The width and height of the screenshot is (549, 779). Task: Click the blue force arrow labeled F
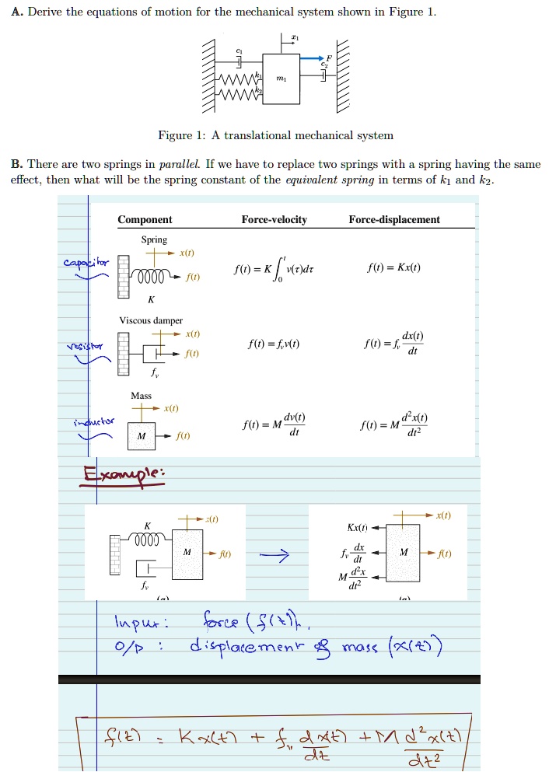312,58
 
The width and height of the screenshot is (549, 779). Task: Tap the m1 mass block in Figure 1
281,79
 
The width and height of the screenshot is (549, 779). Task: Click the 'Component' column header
145,220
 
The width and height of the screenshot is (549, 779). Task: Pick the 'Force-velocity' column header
274,220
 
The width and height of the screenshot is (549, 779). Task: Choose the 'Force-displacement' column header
394,220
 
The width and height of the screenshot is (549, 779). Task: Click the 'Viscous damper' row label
151,320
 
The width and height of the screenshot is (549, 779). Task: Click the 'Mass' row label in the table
141,395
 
